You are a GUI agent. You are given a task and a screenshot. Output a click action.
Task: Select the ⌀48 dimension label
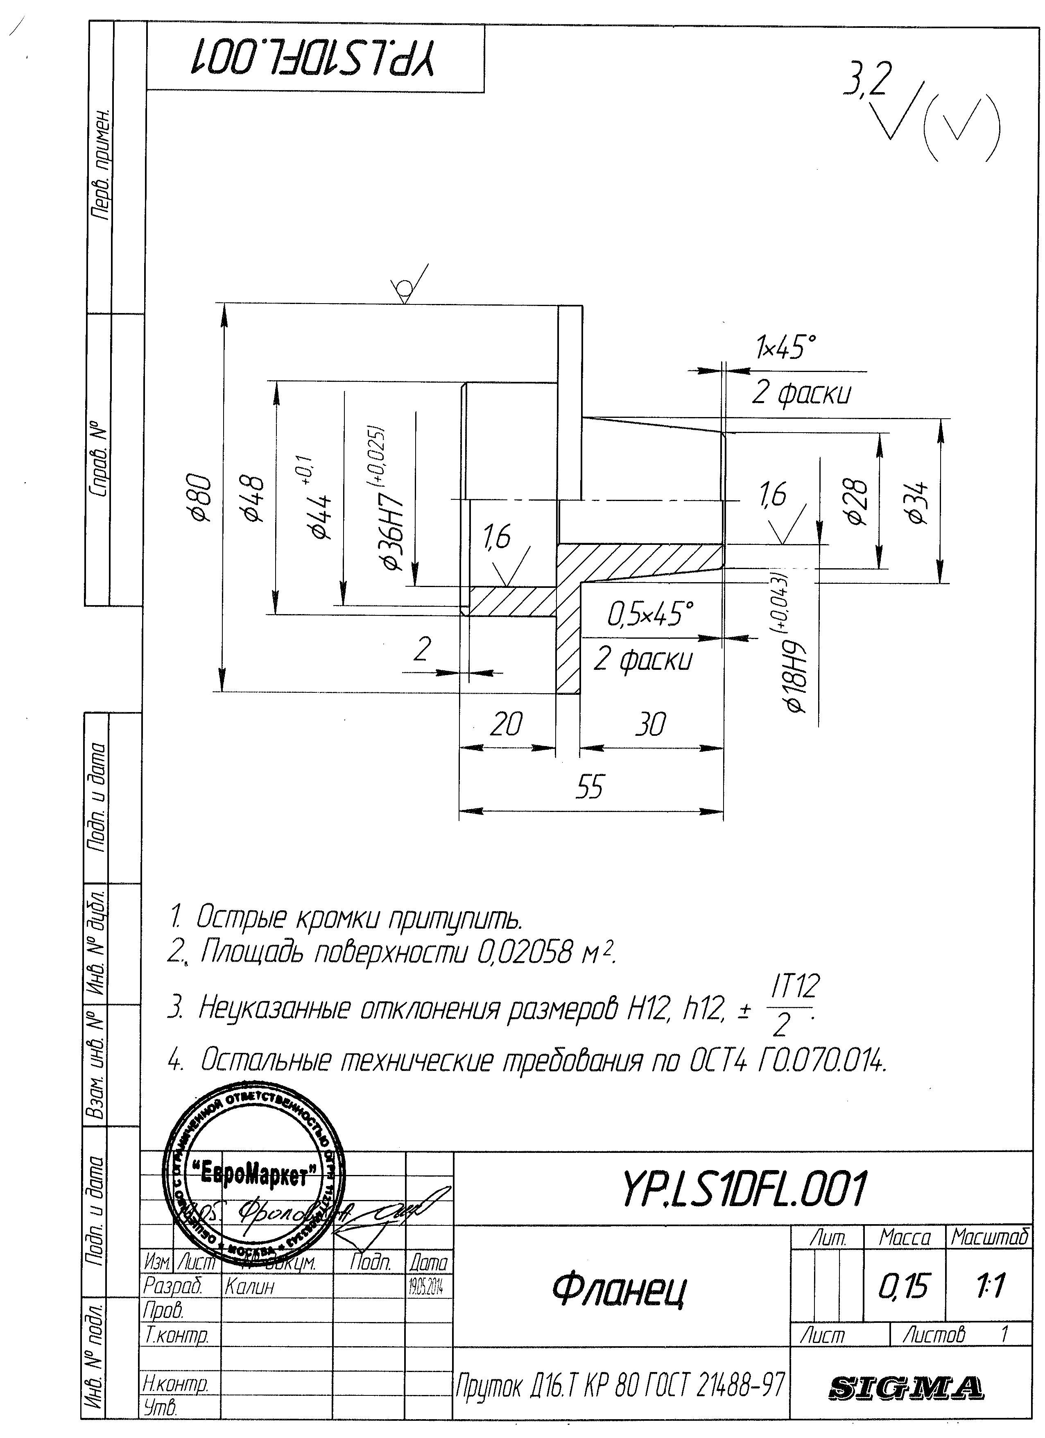point(256,498)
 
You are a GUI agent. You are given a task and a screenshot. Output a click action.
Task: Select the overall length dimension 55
point(590,787)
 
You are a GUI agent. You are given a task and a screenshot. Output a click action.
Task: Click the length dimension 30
point(651,724)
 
